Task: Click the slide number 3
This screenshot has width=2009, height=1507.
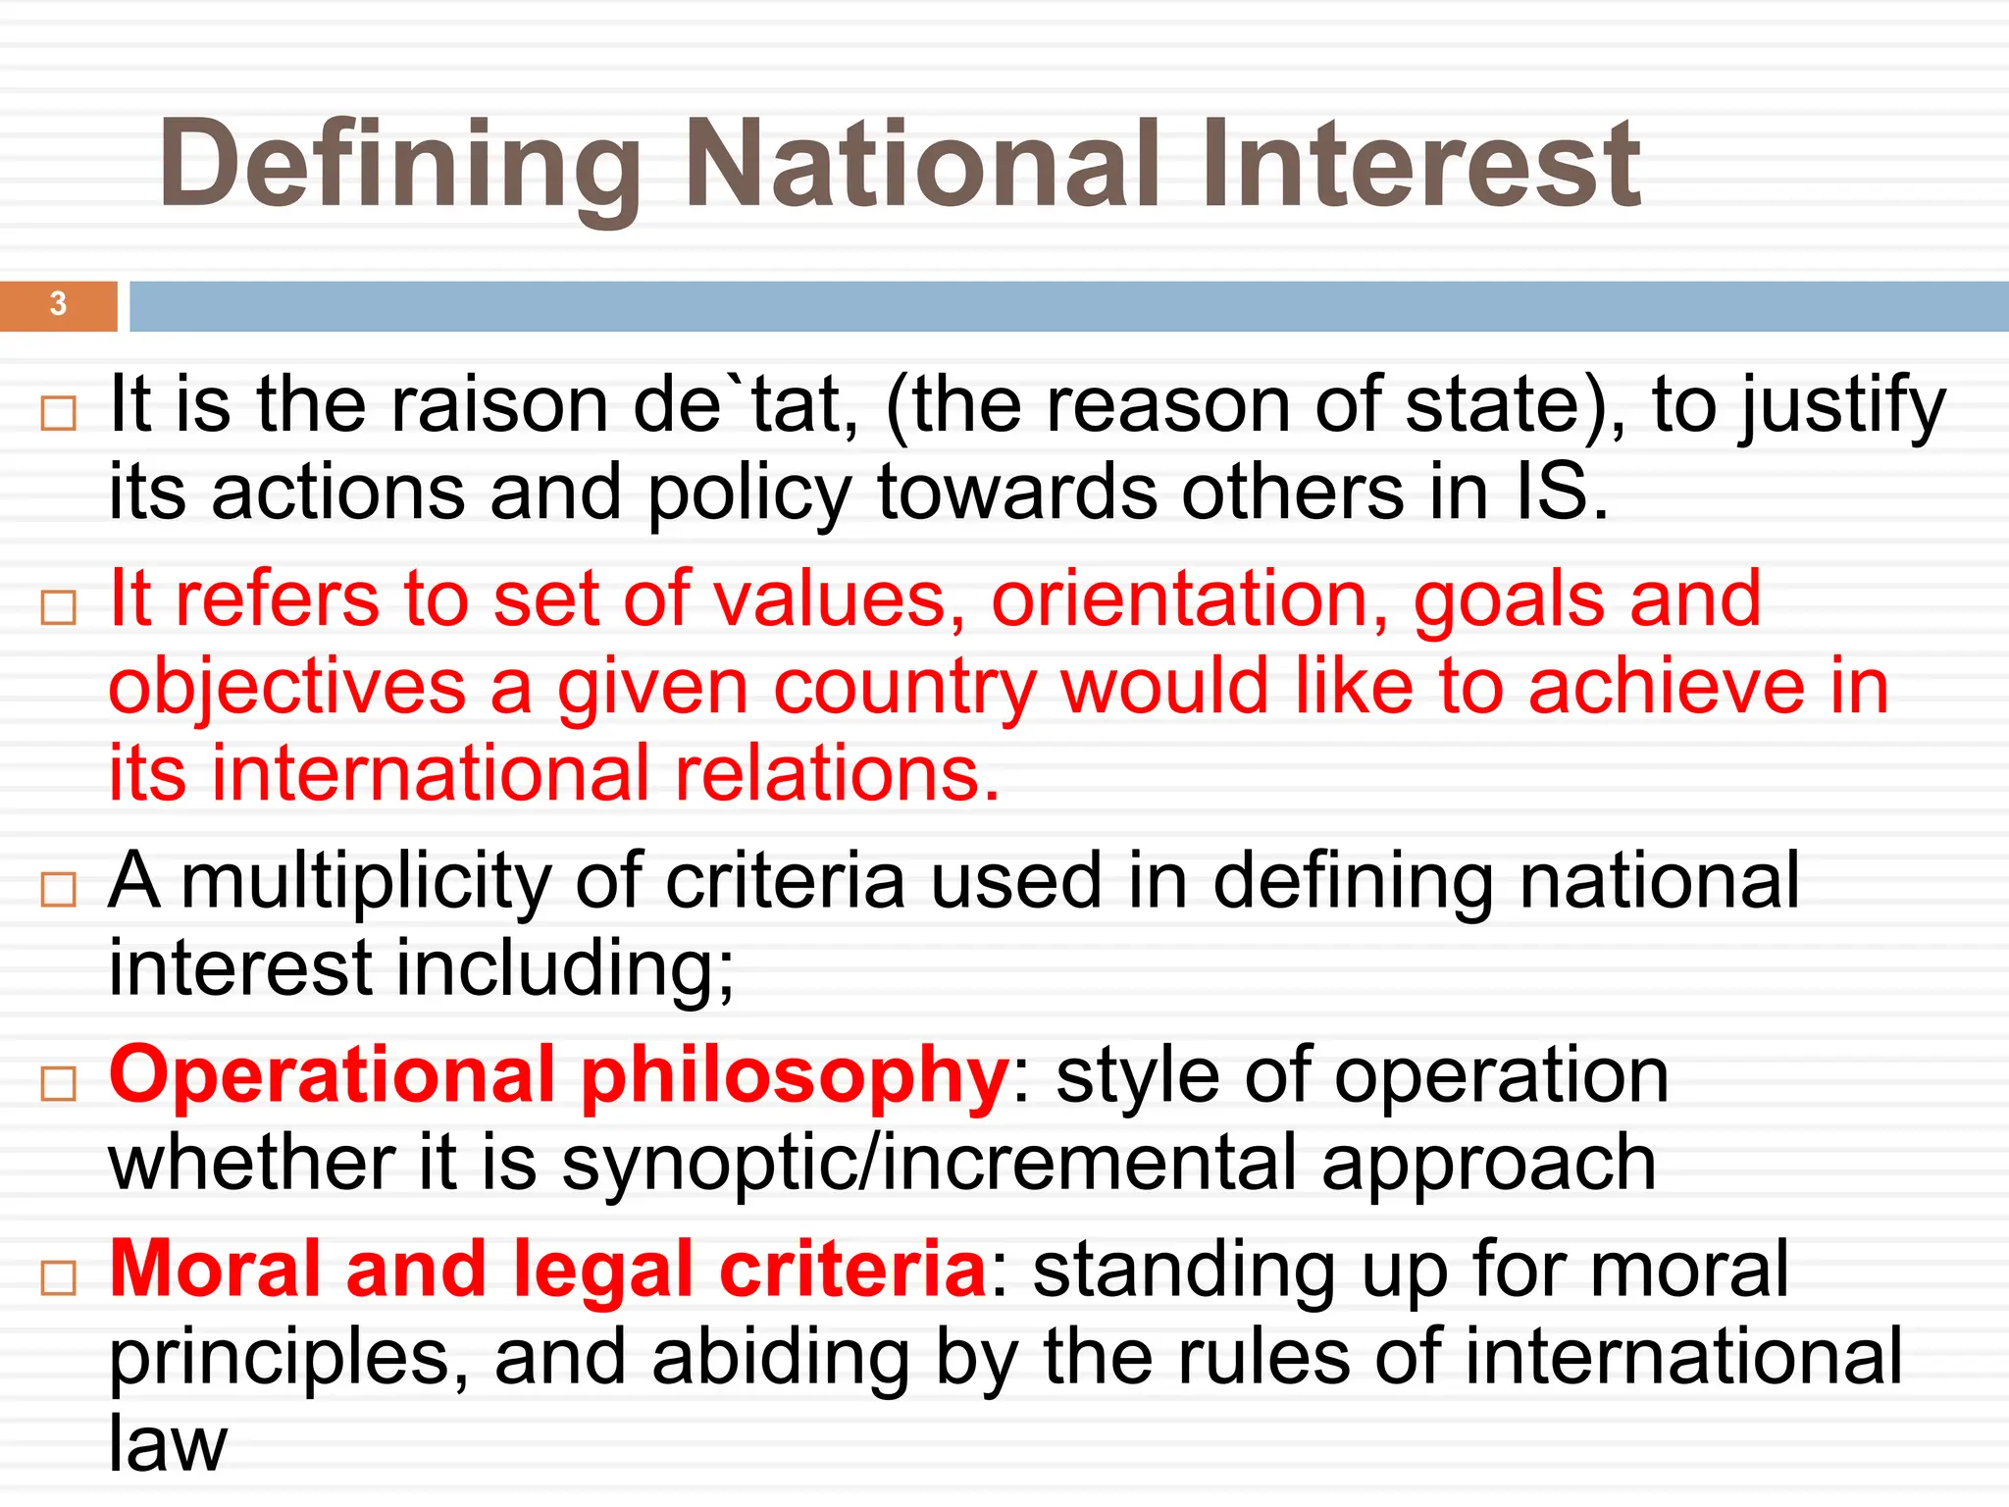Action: [x=58, y=304]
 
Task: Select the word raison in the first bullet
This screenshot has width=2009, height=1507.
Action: [x=499, y=405]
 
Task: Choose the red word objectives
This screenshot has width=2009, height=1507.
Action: [x=286, y=687]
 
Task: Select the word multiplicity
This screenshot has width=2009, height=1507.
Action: [x=366, y=881]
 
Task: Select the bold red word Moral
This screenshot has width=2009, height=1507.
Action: [x=215, y=1269]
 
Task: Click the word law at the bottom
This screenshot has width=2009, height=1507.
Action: [x=167, y=1443]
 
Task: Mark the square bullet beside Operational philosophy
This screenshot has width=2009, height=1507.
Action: [x=59, y=1084]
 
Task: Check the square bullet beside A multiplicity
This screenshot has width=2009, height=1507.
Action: [x=59, y=890]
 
